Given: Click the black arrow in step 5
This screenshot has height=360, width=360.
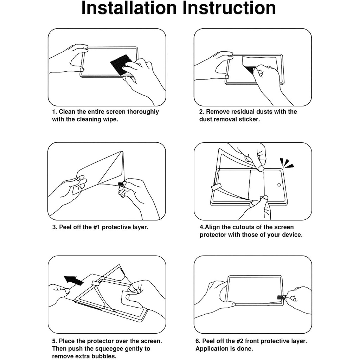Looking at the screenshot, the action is coord(73,280).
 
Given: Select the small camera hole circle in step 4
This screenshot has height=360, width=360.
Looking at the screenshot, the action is coord(279,185).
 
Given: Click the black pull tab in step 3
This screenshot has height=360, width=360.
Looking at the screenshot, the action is coord(121,184).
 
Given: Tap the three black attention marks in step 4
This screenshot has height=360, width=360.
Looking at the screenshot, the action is coord(287,163).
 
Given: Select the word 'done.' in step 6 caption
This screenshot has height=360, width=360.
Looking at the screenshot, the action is coord(245,348).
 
